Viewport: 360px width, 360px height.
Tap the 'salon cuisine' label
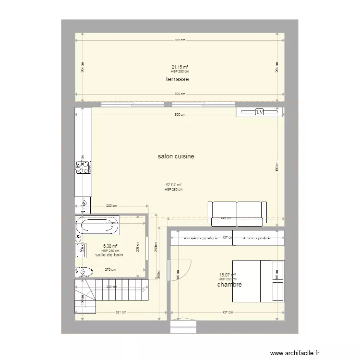pos(176,156)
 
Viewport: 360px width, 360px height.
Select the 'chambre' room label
pos(229,285)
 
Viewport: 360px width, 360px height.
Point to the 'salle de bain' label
pos(109,255)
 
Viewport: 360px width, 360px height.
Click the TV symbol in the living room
pos(259,112)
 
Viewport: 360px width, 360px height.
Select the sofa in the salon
pos(237,213)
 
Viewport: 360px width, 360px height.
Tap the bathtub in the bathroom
pos(97,226)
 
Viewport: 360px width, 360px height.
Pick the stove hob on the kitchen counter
pos(83,167)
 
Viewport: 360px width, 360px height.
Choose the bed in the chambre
pos(258,281)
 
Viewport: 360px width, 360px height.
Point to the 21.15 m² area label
pos(180,67)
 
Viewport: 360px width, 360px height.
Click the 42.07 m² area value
pos(173,185)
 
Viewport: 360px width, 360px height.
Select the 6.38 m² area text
pos(110,247)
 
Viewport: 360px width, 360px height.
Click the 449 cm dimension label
pos(226,218)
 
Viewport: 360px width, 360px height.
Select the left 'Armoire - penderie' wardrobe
pos(201,238)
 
